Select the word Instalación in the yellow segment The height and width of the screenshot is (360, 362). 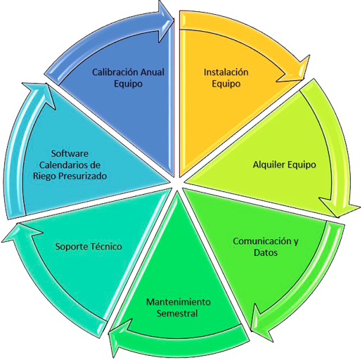(x=226, y=72)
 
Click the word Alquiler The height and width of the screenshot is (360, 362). (x=269, y=165)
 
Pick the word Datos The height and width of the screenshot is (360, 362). (x=266, y=252)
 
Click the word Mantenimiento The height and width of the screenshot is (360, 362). (x=179, y=302)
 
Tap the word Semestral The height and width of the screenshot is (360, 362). (x=177, y=314)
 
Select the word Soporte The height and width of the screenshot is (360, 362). (x=70, y=247)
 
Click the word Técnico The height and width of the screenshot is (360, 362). (x=105, y=247)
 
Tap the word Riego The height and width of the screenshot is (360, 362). (x=44, y=176)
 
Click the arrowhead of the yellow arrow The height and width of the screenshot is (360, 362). (x=294, y=69)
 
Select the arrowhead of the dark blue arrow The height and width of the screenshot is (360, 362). (x=166, y=22)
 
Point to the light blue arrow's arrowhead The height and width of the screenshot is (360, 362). (x=39, y=94)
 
